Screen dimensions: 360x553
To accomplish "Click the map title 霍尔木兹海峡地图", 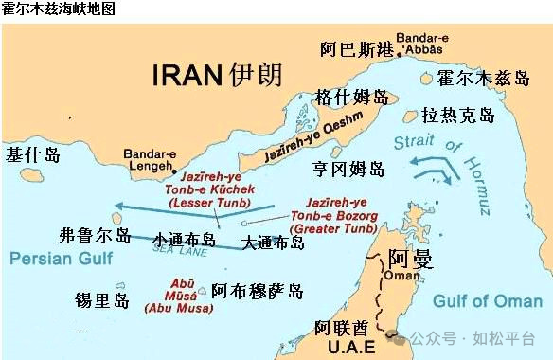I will [59, 9].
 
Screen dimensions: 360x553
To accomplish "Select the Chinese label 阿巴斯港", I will [355, 48].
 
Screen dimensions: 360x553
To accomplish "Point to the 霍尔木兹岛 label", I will [483, 78].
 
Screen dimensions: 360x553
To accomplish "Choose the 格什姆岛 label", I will [352, 98].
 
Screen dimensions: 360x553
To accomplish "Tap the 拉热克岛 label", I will [458, 116].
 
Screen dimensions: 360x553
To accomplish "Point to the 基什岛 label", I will [33, 154].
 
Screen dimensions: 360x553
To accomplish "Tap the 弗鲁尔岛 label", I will [94, 235].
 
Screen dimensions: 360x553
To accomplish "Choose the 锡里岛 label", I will [102, 301].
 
